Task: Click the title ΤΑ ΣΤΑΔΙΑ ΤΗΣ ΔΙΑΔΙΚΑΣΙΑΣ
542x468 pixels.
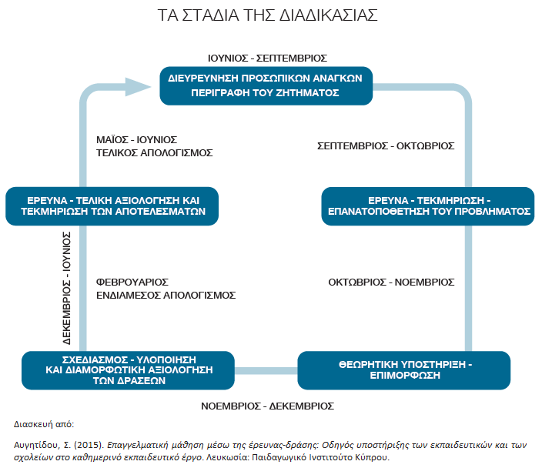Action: click(268, 15)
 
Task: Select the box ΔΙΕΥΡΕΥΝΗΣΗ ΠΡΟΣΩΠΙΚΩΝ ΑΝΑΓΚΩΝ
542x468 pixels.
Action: click(266, 85)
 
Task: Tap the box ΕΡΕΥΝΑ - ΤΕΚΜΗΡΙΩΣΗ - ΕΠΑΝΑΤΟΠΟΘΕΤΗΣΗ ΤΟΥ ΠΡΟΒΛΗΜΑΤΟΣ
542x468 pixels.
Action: click(428, 206)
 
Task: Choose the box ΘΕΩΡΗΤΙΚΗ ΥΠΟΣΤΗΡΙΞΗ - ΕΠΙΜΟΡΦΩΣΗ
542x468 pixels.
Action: click(404, 370)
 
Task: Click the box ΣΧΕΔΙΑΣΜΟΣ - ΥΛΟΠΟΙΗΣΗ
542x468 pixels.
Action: click(129, 370)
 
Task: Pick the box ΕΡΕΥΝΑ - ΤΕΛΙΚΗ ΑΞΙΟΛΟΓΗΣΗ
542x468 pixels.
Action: click(112, 206)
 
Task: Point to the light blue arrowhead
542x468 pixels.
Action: click(138, 87)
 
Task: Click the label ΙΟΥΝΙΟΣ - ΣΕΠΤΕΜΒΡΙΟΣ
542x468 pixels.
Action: click(267, 58)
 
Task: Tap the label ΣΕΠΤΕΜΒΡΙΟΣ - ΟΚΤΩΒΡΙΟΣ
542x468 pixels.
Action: click(386, 145)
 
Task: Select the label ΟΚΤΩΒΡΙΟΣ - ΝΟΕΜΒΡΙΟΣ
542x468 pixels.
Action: click(391, 282)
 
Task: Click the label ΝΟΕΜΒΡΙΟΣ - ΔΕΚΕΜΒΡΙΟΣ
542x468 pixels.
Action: click(268, 406)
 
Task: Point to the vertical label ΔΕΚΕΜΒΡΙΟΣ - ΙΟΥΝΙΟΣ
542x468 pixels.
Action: click(67, 288)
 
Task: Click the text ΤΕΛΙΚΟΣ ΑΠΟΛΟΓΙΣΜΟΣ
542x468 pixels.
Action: click(155, 152)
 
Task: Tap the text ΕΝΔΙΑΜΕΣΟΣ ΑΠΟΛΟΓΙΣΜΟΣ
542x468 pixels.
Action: click(166, 295)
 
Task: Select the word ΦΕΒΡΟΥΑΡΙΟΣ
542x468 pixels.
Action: click(132, 282)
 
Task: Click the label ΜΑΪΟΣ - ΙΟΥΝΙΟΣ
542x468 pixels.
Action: click(136, 139)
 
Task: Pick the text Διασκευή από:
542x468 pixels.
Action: click(44, 424)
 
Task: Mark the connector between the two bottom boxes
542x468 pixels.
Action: click(266, 371)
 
